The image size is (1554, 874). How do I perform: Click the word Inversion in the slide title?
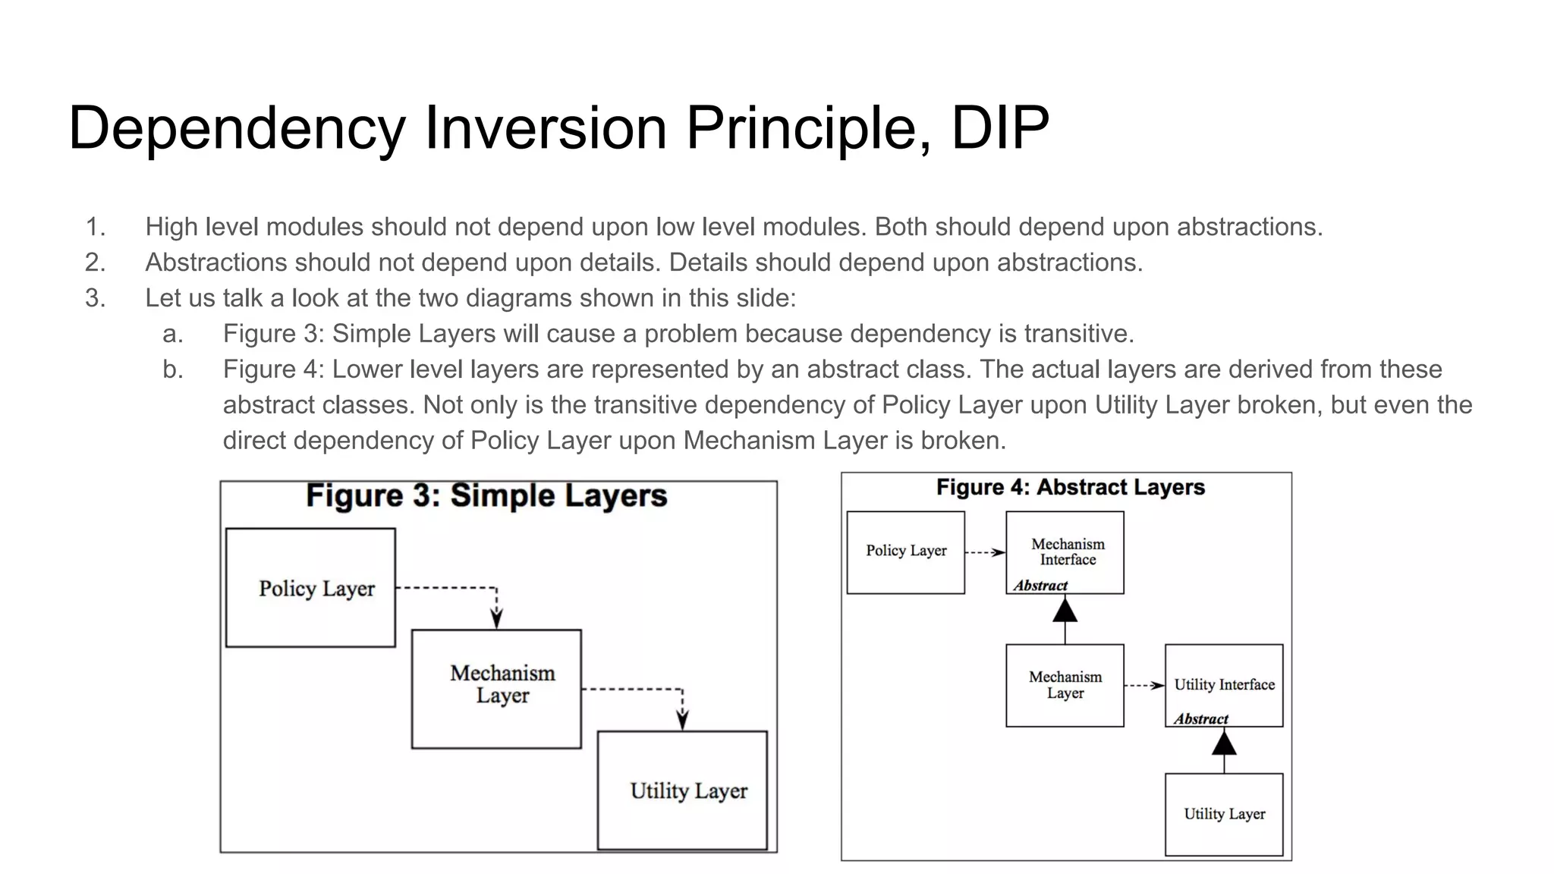tap(545, 127)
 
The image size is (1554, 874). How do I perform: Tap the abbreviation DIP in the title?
tap(999, 127)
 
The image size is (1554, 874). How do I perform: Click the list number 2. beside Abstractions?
tap(95, 263)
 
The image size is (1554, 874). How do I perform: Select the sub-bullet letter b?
tap(173, 369)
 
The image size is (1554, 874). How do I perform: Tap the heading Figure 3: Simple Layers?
tap(486, 496)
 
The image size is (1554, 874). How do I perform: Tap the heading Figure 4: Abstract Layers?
tap(1070, 487)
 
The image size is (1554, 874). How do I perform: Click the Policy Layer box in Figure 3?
tap(310, 588)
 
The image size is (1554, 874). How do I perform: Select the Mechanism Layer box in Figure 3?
tap(496, 688)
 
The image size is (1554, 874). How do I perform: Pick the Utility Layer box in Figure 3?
tap(682, 791)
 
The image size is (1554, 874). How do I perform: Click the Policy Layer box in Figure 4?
tap(905, 552)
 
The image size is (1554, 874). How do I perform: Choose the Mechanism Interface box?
tap(1065, 552)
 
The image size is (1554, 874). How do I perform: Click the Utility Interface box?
tap(1224, 685)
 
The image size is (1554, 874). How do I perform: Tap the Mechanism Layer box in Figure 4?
tap(1065, 685)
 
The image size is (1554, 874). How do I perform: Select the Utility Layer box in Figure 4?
tap(1224, 814)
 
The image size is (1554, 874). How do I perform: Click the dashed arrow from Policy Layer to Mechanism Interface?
tap(985, 553)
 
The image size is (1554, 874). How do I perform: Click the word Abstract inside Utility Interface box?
tap(1200, 718)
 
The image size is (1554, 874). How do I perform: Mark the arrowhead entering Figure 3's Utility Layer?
tap(682, 721)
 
